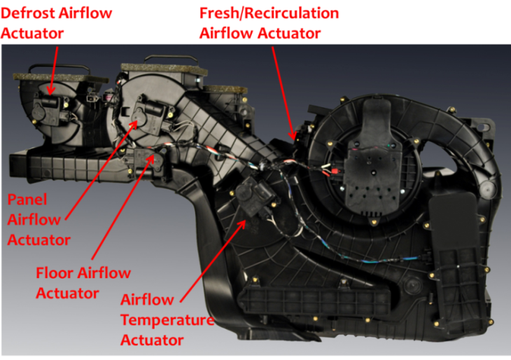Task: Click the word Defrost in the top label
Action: tap(28, 13)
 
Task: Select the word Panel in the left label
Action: tap(27, 200)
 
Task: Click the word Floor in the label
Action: tap(55, 273)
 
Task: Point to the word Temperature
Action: tap(167, 320)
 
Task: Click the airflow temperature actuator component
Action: tap(255, 198)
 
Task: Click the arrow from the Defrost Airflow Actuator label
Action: tap(53, 70)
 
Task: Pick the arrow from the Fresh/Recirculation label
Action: tap(284, 93)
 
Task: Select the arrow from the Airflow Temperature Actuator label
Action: tap(213, 261)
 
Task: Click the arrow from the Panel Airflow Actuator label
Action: tap(101, 169)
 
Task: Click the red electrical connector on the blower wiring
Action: tap(335, 172)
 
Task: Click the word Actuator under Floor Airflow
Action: tap(67, 293)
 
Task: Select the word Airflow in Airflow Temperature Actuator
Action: tap(147, 300)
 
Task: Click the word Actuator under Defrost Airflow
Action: tap(32, 33)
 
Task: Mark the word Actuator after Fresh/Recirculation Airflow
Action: tap(289, 33)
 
